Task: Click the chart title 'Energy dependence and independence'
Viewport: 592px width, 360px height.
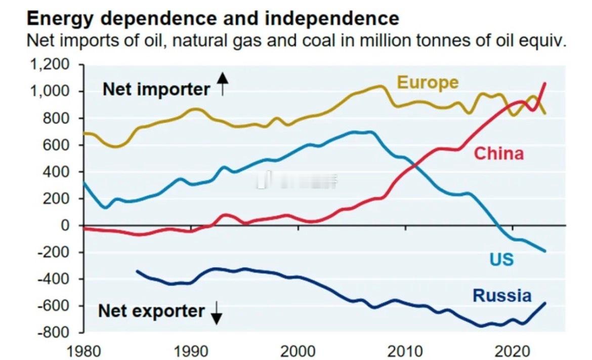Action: [x=213, y=19]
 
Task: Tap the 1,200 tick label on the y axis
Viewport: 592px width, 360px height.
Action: [x=49, y=65]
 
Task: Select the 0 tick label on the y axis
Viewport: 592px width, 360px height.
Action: [x=64, y=225]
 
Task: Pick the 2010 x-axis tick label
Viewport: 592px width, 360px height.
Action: [x=405, y=350]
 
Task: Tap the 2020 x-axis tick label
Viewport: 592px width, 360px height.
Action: [x=513, y=350]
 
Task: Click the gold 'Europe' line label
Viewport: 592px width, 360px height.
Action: [x=428, y=82]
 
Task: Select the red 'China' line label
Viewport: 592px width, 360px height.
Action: [x=498, y=153]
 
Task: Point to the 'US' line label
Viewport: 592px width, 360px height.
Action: [x=501, y=260]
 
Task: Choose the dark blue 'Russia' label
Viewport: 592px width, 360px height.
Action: [x=502, y=296]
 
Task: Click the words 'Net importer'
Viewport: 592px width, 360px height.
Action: [x=156, y=90]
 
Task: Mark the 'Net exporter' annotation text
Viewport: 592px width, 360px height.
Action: [x=151, y=311]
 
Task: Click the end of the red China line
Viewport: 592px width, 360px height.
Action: [x=545, y=84]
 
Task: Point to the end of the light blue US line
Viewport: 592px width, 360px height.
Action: [x=545, y=251]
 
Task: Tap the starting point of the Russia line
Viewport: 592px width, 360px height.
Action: [x=137, y=271]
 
